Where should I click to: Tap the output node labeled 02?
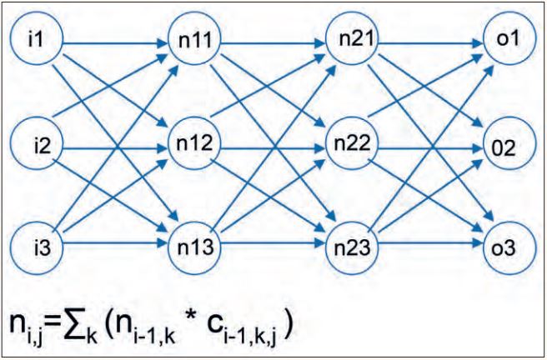click(x=506, y=147)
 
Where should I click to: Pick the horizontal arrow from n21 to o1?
click(x=430, y=39)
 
